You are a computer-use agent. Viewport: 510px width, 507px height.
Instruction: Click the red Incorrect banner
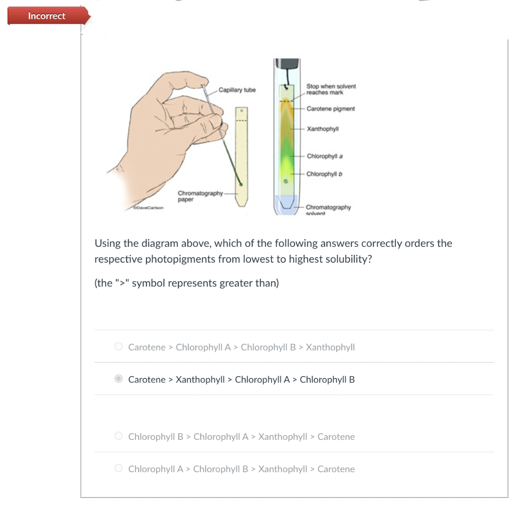47,16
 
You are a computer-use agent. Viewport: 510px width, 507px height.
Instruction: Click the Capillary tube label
237,90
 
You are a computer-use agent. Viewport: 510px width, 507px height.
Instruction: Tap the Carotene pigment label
331,108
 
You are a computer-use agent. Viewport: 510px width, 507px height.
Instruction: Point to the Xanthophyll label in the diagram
323,129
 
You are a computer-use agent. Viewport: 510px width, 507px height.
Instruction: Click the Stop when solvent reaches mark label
331,90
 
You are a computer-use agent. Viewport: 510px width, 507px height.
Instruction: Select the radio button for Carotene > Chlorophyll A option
119,347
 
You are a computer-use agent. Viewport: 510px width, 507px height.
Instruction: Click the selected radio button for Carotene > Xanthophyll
119,379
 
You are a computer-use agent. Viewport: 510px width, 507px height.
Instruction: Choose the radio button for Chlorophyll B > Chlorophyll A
119,436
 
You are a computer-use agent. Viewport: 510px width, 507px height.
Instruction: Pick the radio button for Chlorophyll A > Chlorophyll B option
119,469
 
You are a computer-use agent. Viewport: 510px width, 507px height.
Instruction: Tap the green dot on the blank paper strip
241,184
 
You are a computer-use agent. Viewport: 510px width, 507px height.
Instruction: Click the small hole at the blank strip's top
241,110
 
